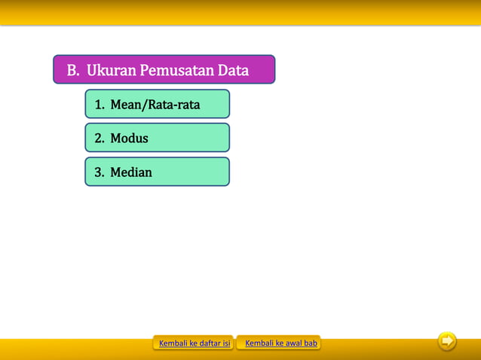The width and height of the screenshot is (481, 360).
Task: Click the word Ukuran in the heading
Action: [111, 71]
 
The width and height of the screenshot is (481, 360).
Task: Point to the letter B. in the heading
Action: [73, 71]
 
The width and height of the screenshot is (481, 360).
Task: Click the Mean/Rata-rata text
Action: [155, 105]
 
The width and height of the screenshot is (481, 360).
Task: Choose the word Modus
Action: [129, 139]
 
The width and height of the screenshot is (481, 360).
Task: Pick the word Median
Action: [131, 172]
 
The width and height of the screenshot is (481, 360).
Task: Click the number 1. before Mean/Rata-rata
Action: [100, 105]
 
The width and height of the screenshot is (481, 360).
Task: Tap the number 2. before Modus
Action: [100, 139]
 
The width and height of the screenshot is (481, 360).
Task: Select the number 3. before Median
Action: [100, 172]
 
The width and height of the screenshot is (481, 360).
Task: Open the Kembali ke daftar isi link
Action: [195, 343]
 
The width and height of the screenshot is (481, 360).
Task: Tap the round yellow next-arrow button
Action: [447, 342]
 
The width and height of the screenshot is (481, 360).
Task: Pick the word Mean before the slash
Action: [126, 105]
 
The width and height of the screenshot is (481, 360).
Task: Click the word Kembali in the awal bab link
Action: [259, 343]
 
